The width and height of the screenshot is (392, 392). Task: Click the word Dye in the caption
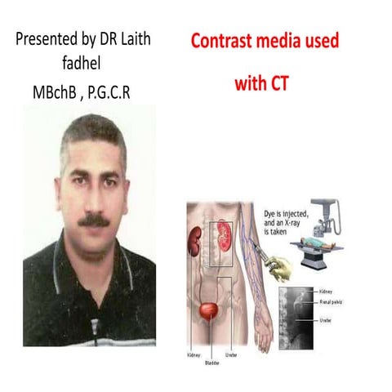272,212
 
